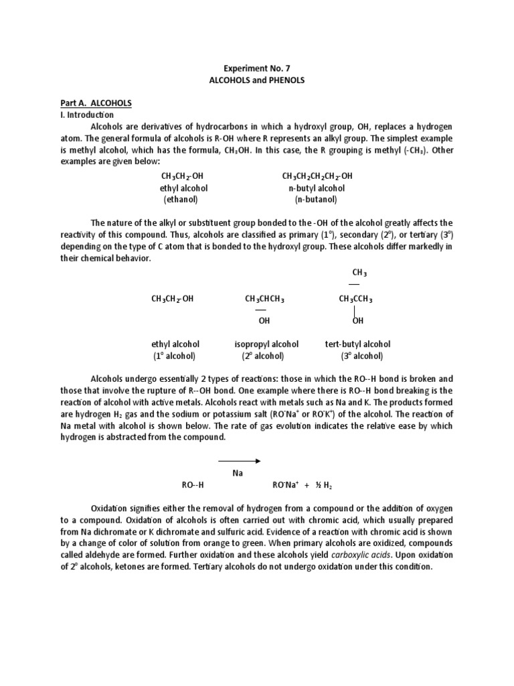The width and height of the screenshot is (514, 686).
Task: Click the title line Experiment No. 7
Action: coord(256,68)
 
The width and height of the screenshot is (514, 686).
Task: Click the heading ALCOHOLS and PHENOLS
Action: coord(256,80)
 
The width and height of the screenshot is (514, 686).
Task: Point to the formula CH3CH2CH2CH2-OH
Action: coord(317,176)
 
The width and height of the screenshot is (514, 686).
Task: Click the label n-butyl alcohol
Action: coord(317,188)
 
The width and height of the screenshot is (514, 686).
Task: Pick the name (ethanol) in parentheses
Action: coord(181,200)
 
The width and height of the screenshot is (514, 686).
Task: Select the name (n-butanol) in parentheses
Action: coord(316,200)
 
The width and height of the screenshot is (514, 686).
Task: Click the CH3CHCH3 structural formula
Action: coord(264,299)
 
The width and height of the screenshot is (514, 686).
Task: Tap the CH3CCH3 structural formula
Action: coord(355,299)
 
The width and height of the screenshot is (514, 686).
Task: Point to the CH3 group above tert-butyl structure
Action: coord(359,273)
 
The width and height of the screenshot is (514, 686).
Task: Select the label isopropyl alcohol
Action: coord(266,344)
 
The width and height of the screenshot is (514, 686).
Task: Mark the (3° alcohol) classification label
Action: coord(361,356)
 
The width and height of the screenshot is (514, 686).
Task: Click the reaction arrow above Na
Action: coord(239,460)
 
